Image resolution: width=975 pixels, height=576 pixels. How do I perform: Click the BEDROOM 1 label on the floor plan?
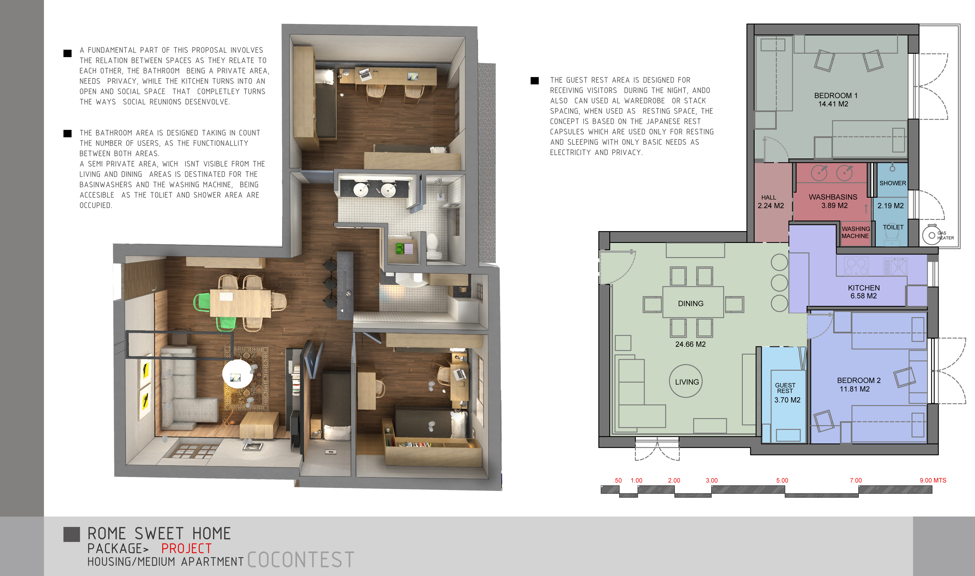click(x=836, y=95)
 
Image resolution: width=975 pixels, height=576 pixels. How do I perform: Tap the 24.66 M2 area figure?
click(x=690, y=344)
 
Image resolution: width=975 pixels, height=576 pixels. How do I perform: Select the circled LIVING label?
click(x=687, y=382)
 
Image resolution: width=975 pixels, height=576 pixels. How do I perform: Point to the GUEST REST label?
click(x=785, y=388)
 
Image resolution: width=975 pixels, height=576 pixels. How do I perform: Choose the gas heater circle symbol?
click(x=932, y=236)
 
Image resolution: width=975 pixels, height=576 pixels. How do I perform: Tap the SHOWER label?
click(x=892, y=183)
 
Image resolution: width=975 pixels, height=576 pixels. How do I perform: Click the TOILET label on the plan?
click(x=893, y=227)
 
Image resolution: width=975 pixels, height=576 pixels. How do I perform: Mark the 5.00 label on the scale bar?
click(x=782, y=481)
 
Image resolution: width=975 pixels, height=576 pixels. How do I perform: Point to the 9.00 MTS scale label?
click(x=933, y=481)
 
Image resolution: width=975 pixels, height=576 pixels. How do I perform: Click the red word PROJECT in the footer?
click(x=187, y=549)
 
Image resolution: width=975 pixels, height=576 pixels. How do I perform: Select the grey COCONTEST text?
click(x=301, y=560)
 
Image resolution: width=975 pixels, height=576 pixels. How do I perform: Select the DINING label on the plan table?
click(x=690, y=304)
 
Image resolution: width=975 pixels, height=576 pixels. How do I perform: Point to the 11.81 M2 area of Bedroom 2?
click(x=855, y=389)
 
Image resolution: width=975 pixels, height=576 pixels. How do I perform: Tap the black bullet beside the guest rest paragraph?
click(x=535, y=81)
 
